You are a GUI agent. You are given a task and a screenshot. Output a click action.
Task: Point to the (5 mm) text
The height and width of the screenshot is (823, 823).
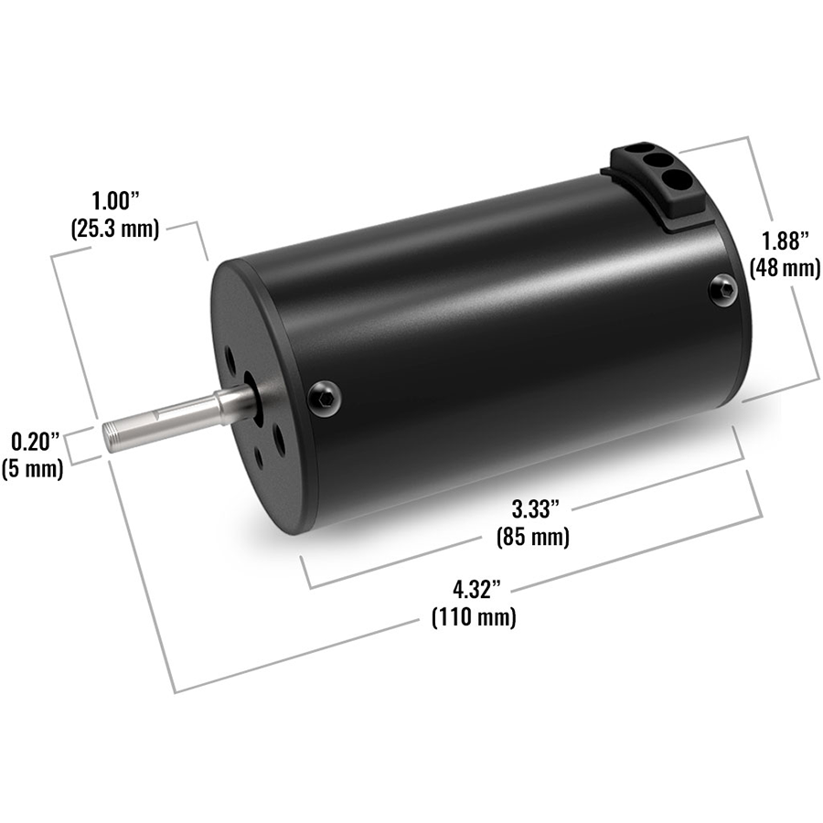34,470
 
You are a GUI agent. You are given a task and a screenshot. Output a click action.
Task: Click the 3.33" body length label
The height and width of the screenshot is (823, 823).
532,508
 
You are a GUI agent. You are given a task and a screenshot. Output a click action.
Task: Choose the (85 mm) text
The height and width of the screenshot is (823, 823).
532,536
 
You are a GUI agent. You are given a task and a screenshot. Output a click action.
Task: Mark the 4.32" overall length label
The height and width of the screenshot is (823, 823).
473,588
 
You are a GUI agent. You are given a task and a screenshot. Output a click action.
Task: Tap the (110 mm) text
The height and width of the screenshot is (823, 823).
473,617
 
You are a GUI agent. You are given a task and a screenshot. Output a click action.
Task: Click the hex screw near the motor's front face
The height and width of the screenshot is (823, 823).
325,396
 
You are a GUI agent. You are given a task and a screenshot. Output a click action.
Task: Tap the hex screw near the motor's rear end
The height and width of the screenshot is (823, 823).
723,290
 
